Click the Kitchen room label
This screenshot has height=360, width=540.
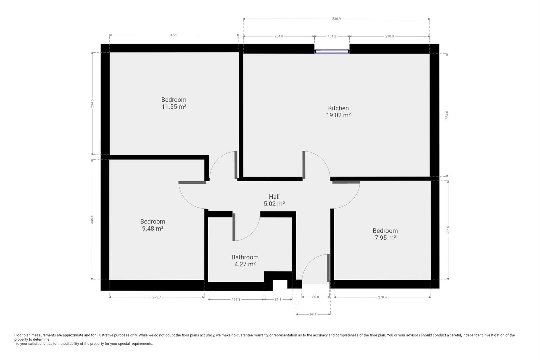click(x=338, y=108)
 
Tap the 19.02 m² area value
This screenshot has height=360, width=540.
click(x=338, y=115)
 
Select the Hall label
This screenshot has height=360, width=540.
click(x=274, y=197)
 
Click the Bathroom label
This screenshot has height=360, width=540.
click(x=245, y=257)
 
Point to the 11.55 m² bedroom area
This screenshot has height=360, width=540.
click(x=174, y=107)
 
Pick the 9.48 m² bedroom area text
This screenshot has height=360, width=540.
click(x=153, y=229)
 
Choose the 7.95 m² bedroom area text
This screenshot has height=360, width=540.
click(x=385, y=238)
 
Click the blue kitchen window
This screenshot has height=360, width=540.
click(x=332, y=51)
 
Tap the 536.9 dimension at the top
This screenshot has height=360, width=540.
click(x=336, y=19)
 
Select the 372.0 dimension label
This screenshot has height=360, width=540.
click(x=174, y=35)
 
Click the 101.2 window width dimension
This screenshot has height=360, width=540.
click(x=332, y=36)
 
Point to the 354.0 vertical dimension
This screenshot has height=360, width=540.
click(x=447, y=115)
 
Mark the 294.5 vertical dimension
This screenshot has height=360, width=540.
click(x=92, y=103)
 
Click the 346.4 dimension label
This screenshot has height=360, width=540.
click(x=92, y=220)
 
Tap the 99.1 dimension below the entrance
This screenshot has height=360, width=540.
click(x=313, y=314)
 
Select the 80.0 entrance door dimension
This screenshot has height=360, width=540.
click(x=316, y=297)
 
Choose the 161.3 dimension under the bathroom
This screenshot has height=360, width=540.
click(x=236, y=299)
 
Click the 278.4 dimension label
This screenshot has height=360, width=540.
click(x=382, y=297)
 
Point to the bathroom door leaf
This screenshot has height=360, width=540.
click(x=234, y=227)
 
